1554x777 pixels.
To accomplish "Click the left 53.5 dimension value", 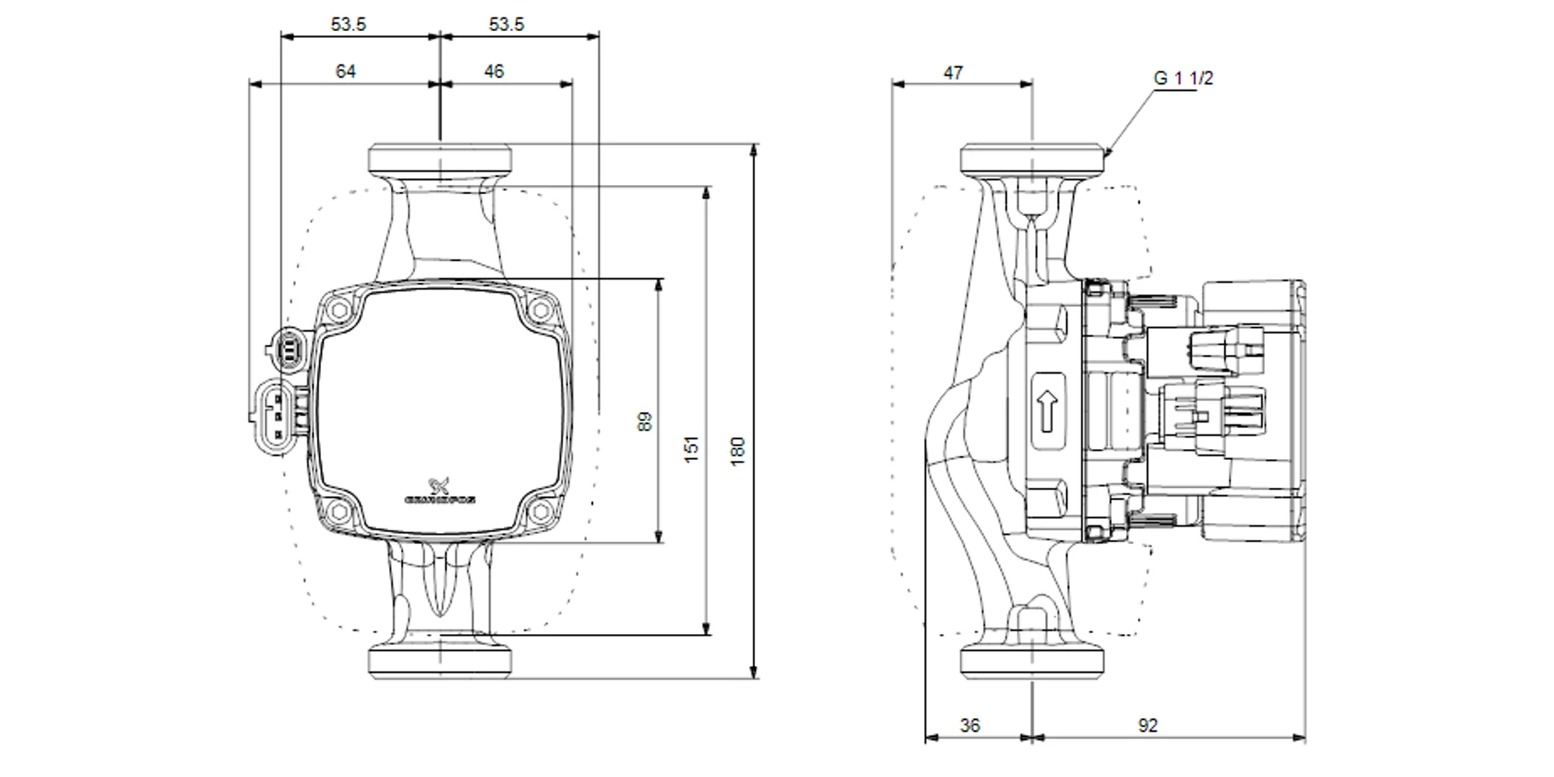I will tap(348, 24).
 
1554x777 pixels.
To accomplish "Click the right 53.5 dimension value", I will tap(506, 24).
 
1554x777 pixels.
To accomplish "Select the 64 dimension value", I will tap(345, 71).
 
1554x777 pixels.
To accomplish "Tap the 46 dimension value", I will tap(493, 71).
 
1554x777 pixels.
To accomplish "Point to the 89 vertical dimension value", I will tap(645, 422).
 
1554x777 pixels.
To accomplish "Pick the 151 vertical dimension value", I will tap(692, 449).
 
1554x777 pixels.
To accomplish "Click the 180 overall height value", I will tap(738, 451).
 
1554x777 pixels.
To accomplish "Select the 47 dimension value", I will tap(953, 73).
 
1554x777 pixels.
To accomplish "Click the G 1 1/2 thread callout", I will tap(1183, 78).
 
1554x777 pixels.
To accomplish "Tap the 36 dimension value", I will tap(970, 726).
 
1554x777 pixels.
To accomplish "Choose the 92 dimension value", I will tap(1148, 726).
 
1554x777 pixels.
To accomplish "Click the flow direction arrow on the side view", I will tap(1047, 411).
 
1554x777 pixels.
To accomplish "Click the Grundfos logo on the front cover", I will tap(441, 493).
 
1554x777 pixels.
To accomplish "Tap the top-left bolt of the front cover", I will tap(338, 311).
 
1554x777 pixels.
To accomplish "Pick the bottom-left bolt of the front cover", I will tap(338, 511).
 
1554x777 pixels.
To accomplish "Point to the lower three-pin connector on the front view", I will tap(274, 415).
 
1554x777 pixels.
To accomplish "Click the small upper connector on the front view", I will tap(288, 348).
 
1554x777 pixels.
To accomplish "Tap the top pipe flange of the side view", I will tap(1032, 159).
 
